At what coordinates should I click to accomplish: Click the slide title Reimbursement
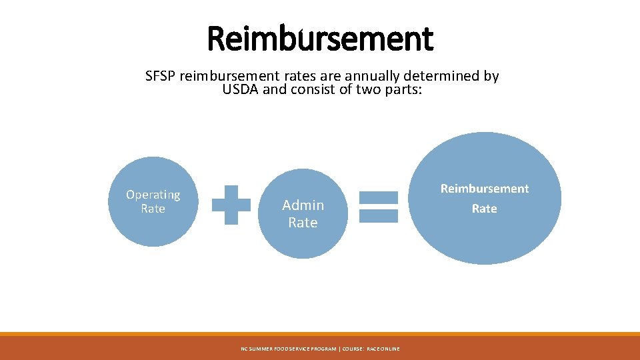pos(320,38)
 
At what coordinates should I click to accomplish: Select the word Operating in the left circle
pos(153,195)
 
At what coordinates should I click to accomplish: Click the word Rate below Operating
pos(153,209)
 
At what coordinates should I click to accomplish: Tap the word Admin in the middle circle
pos(303,205)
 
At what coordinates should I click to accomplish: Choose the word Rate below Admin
pos(303,223)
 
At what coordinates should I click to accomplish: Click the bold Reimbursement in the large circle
pos(485,189)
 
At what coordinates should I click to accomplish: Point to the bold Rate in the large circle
pos(485,209)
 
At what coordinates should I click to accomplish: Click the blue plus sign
pos(231,204)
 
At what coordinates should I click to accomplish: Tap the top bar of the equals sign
pos(379,197)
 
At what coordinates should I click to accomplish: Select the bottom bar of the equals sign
pos(379,215)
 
